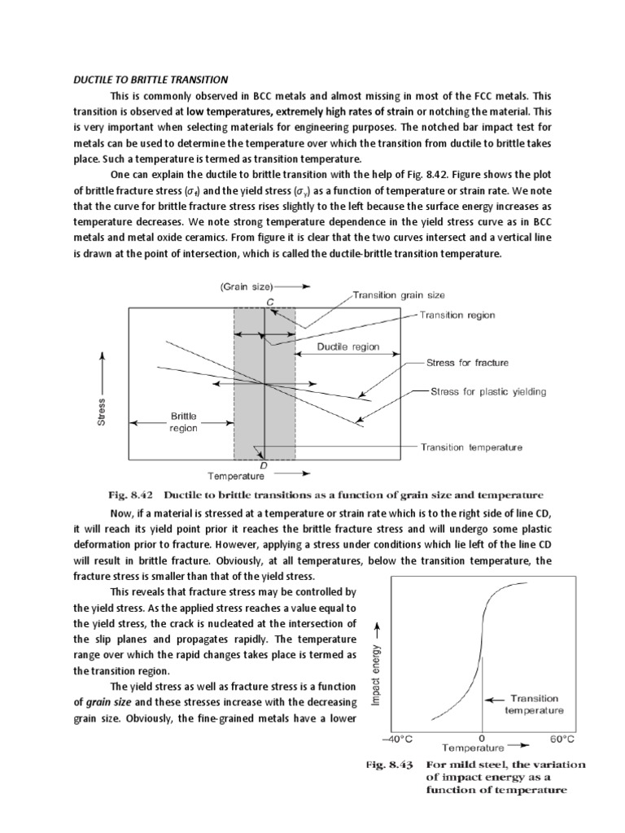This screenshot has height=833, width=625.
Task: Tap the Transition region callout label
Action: (457, 316)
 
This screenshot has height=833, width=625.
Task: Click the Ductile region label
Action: (348, 347)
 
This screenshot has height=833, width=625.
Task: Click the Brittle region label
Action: (183, 422)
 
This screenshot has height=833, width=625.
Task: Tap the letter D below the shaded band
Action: (263, 464)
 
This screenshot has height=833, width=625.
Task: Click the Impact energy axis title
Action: (376, 668)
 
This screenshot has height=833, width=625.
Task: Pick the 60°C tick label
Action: (562, 739)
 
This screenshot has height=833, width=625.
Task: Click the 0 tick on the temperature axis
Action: (482, 739)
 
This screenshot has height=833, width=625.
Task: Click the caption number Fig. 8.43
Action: (390, 765)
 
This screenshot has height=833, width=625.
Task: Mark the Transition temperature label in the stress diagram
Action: (471, 447)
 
